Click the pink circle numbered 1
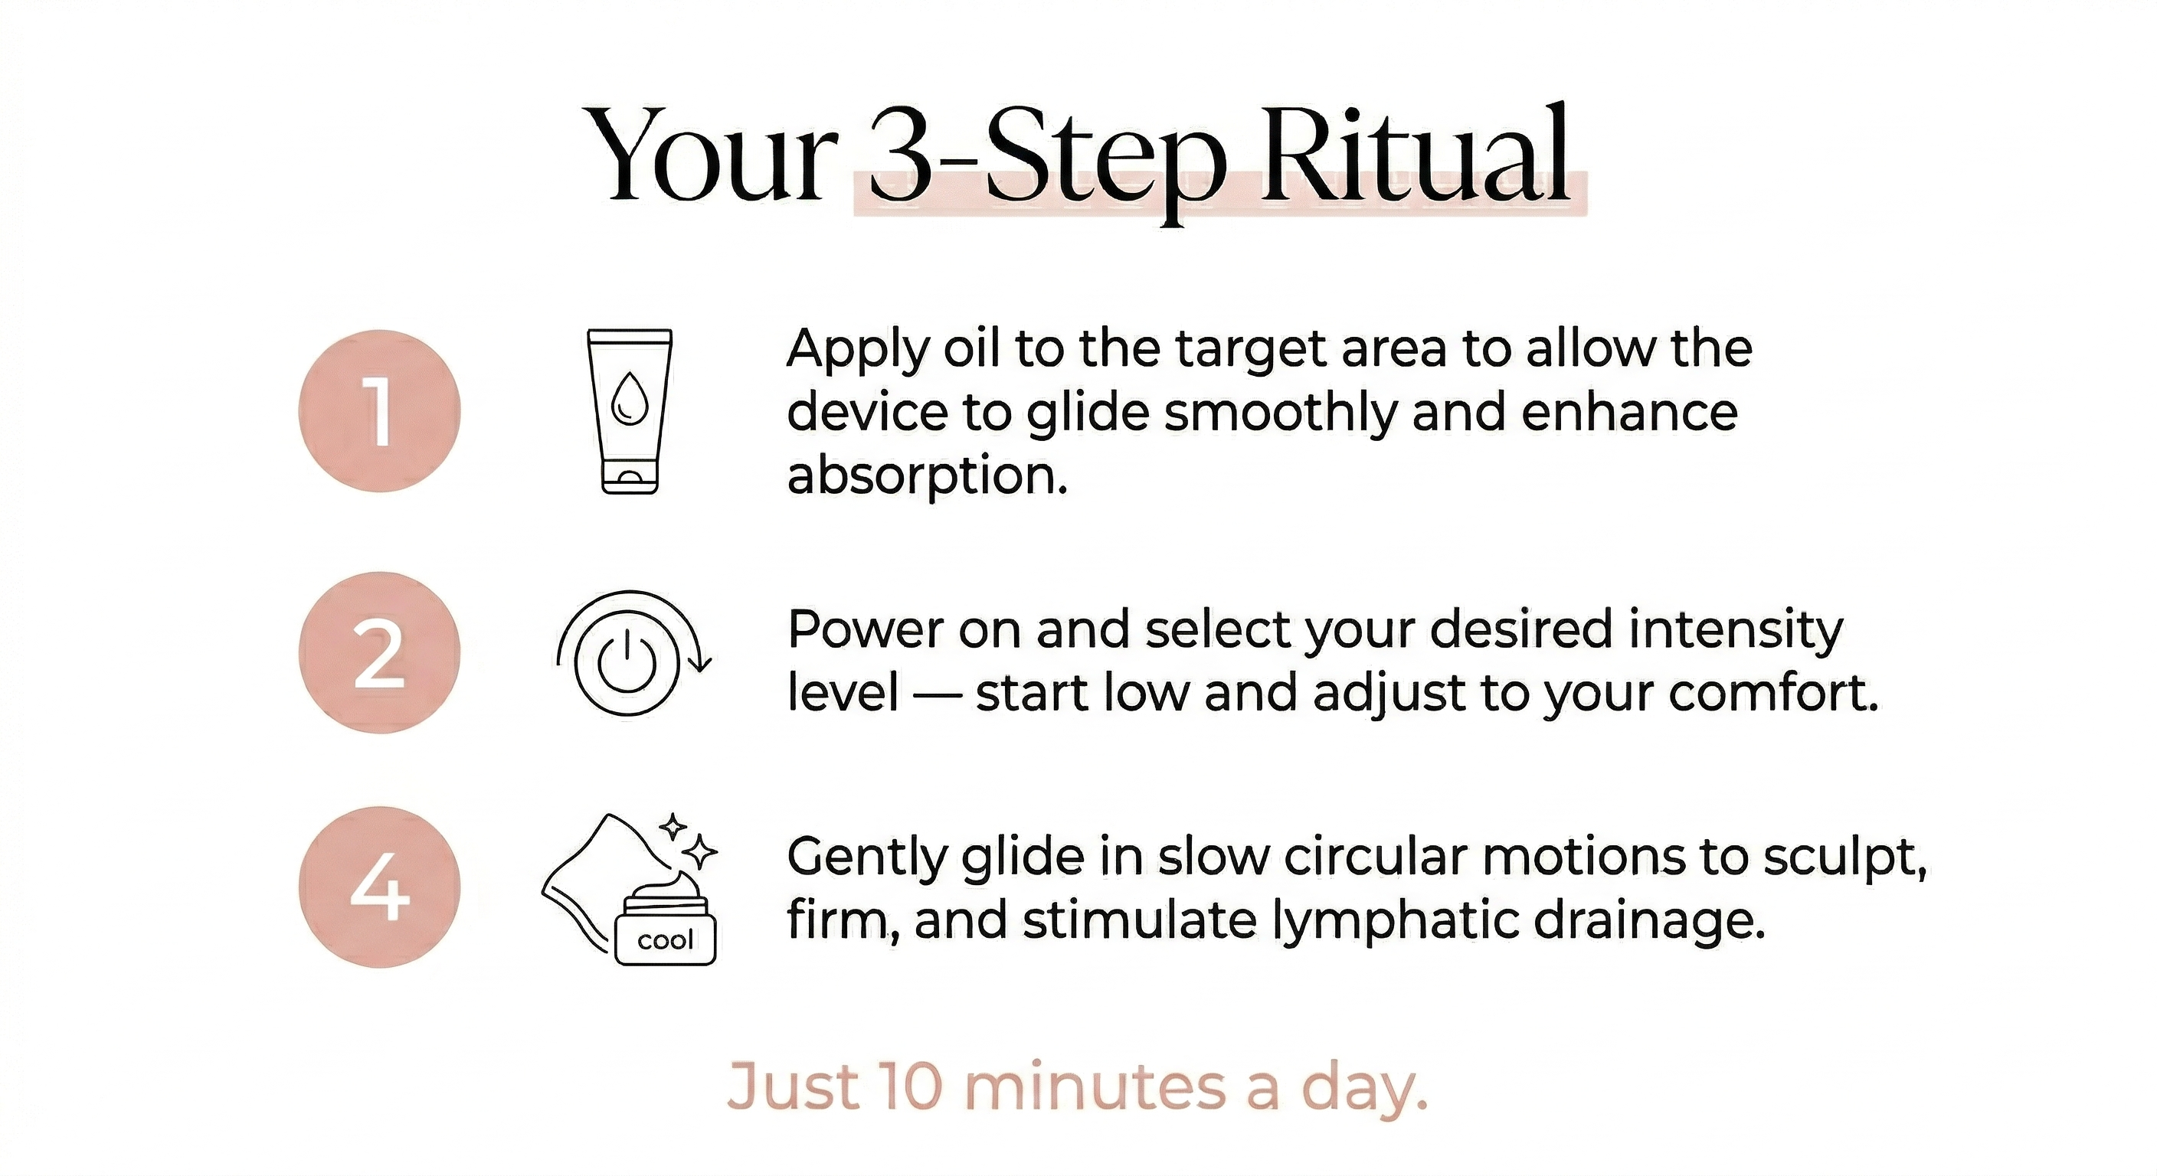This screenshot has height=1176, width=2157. click(379, 411)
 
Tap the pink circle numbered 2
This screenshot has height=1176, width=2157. click(379, 653)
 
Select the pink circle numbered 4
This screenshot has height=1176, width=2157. click(379, 887)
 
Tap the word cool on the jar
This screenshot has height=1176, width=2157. click(665, 940)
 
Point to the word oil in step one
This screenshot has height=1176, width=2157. click(970, 348)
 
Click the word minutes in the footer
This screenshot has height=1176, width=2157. click(1096, 1086)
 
